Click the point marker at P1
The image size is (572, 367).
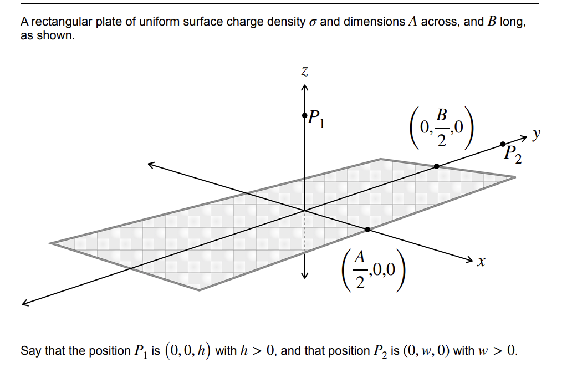(304, 115)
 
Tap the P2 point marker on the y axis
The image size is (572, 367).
(503, 144)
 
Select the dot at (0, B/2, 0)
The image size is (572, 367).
(437, 166)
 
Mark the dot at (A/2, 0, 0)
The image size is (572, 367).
(367, 229)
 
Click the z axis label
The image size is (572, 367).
(304, 72)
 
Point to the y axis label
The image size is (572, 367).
(536, 134)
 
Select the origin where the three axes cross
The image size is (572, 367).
(304, 211)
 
